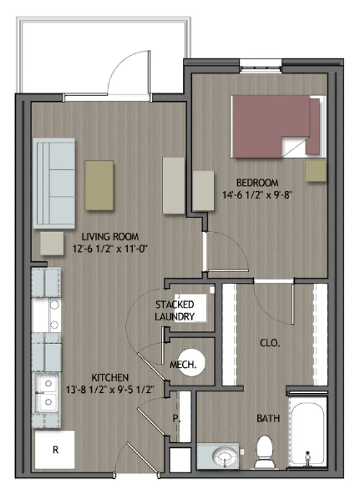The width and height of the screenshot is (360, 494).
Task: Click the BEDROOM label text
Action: [257, 183]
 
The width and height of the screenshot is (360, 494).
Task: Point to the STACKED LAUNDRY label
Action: [175, 311]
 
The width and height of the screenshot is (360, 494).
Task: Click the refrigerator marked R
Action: [55, 450]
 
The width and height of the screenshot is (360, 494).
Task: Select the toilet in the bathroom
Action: [264, 453]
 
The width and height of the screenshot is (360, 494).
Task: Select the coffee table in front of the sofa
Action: [99, 185]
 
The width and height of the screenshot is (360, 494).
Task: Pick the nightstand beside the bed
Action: [316, 171]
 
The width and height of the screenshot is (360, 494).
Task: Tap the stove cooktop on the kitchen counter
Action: [47, 315]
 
